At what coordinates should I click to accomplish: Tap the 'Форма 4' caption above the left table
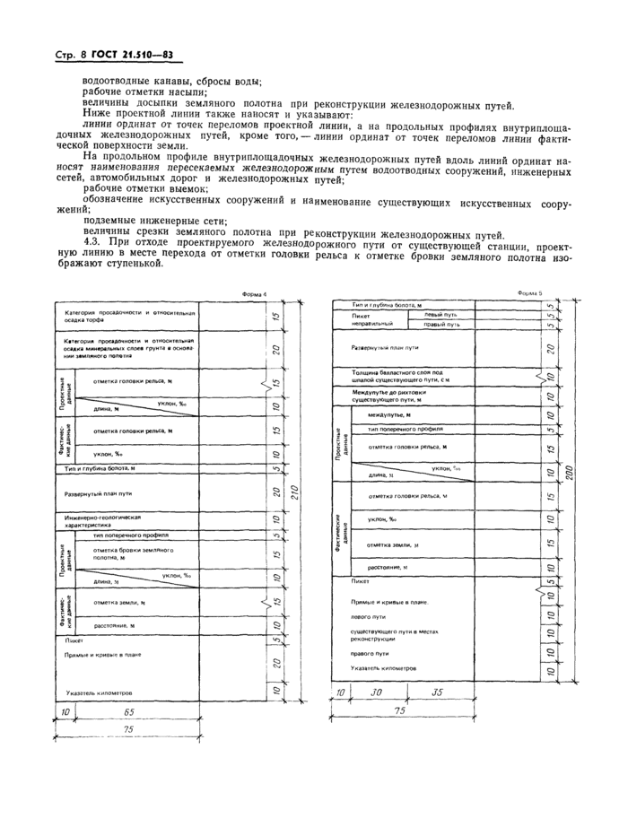(x=255, y=294)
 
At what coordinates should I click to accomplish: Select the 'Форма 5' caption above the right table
(x=530, y=293)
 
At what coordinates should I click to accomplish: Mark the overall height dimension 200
(x=567, y=474)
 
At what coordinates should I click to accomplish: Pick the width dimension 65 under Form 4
(x=129, y=711)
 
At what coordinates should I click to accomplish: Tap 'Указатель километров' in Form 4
(x=99, y=692)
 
